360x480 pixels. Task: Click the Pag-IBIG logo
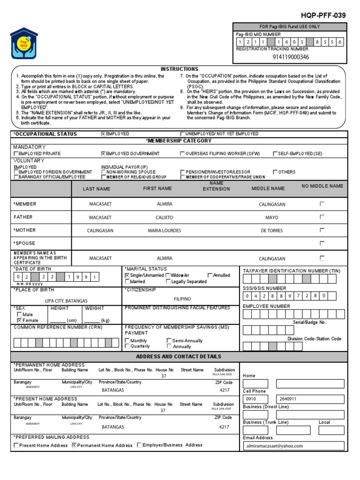(x=24, y=43)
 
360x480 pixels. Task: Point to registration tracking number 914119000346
(x=291, y=57)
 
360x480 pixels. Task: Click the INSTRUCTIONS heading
(x=180, y=69)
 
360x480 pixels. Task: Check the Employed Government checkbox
(x=104, y=154)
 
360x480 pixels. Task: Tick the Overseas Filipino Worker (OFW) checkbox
(x=183, y=154)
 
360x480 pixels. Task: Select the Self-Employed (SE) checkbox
(x=275, y=154)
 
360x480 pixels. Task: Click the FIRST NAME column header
(x=157, y=188)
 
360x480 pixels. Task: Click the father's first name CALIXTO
(x=164, y=217)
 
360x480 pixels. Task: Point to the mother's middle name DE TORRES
(x=272, y=231)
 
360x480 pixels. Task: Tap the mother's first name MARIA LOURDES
(x=164, y=231)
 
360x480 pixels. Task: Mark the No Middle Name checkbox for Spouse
(x=322, y=243)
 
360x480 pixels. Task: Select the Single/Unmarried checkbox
(x=127, y=276)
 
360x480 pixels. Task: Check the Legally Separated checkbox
(x=168, y=282)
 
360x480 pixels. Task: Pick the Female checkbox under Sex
(x=19, y=320)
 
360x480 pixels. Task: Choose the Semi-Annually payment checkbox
(x=169, y=341)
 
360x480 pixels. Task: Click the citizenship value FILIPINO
(x=182, y=299)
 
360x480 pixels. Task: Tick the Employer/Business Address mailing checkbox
(x=140, y=445)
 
